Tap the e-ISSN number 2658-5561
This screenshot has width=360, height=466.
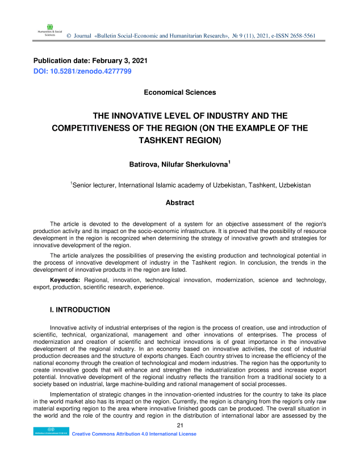pos(299,36)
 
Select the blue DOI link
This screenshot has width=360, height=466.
pos(82,71)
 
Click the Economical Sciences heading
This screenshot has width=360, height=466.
pos(179,92)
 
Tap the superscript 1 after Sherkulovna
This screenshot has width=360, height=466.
pos(229,163)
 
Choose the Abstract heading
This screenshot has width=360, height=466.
pos(179,202)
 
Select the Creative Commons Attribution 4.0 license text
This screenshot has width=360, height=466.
pos(134,434)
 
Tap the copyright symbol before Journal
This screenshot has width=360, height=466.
pos(69,36)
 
